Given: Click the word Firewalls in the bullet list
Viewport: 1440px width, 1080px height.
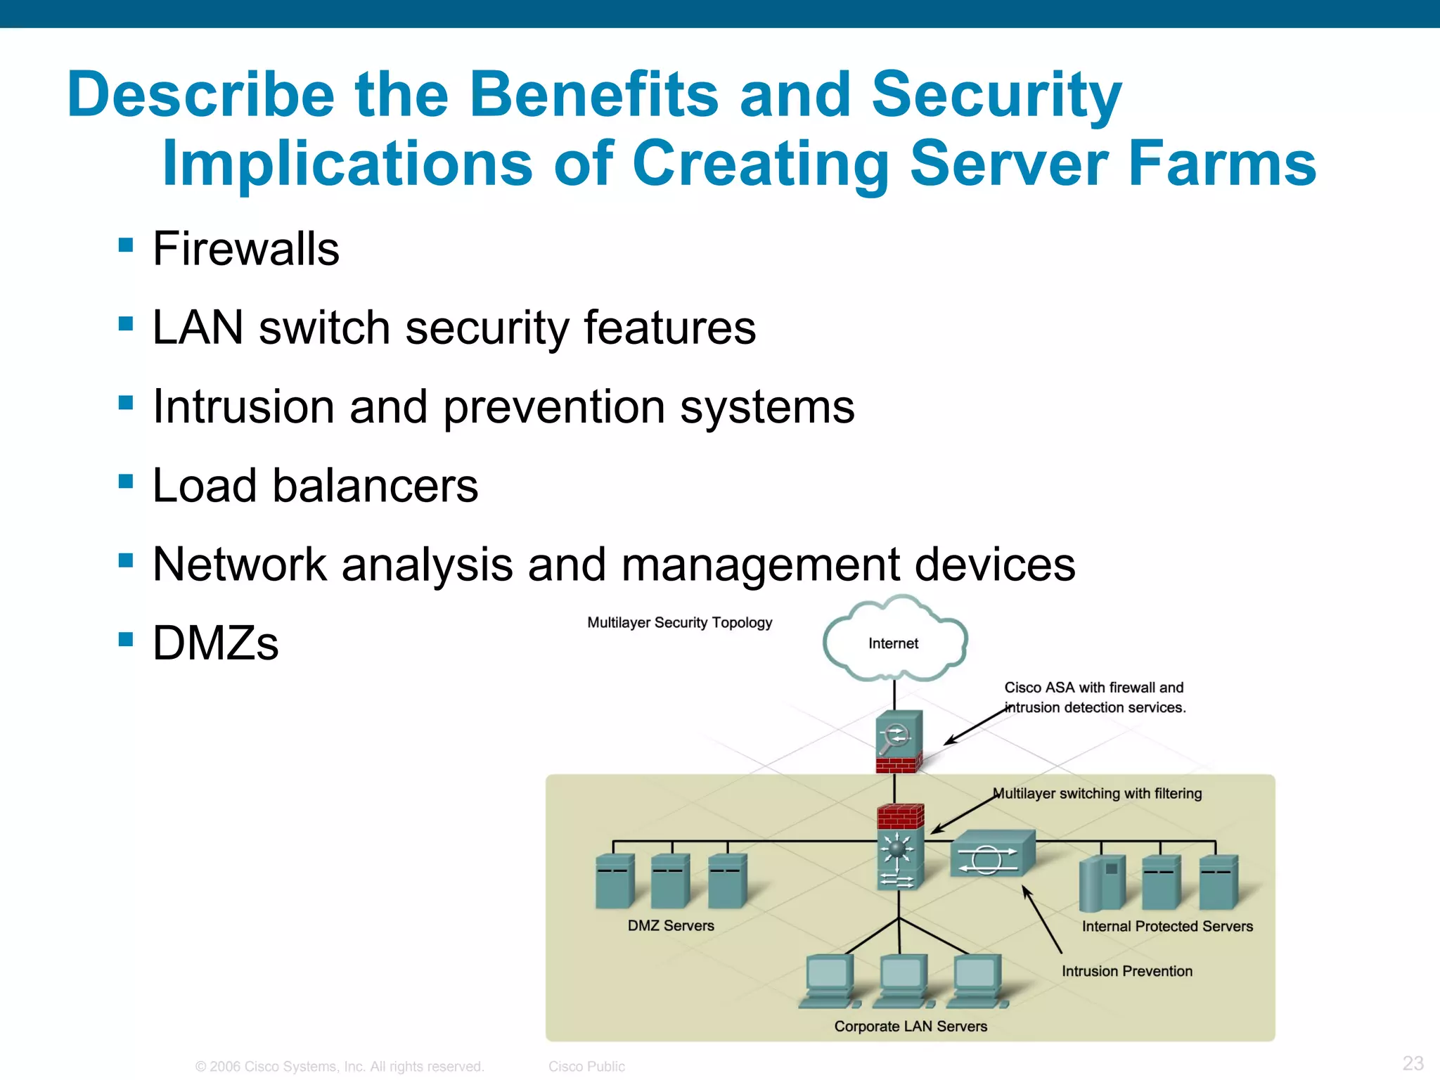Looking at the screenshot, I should pyautogui.click(x=245, y=249).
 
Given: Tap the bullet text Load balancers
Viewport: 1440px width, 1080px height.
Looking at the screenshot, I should pyautogui.click(x=315, y=486).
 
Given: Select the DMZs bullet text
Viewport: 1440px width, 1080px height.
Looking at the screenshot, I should pyautogui.click(x=215, y=643).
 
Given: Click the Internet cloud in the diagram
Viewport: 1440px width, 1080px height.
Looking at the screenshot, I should pyautogui.click(x=893, y=641).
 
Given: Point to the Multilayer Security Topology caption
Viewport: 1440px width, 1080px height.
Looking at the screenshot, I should pyautogui.click(x=679, y=622).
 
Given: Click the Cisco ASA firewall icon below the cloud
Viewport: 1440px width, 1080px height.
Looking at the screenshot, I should pyautogui.click(x=898, y=742).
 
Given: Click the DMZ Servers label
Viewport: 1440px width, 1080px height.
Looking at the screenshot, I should pyautogui.click(x=671, y=925).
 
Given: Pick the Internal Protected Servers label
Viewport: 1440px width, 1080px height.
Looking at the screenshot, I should pyautogui.click(x=1166, y=926).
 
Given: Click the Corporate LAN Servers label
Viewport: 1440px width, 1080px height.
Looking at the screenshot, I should pyautogui.click(x=910, y=1026).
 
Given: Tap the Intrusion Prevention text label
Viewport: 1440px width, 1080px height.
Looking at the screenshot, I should pyautogui.click(x=1126, y=971).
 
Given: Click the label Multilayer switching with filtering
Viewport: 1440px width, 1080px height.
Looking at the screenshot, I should pyautogui.click(x=1097, y=793).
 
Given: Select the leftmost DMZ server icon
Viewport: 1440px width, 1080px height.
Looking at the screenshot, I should pyautogui.click(x=615, y=882).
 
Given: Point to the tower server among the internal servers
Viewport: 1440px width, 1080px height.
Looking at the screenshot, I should pyautogui.click(x=1101, y=883).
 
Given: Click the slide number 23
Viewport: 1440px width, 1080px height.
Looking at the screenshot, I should pyautogui.click(x=1413, y=1062).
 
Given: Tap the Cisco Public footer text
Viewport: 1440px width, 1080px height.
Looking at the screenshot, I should pyautogui.click(x=586, y=1066).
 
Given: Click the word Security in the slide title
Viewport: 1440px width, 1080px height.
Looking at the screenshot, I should pyautogui.click(x=996, y=96).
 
